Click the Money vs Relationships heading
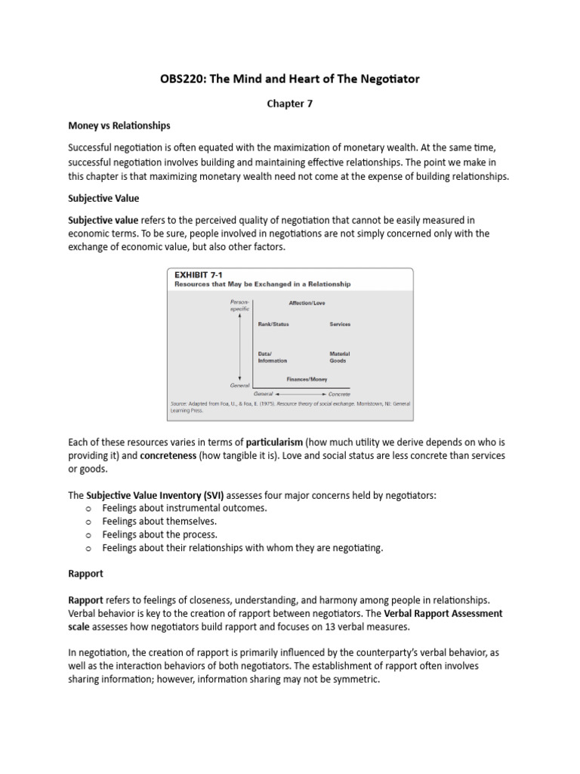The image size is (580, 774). [x=119, y=125]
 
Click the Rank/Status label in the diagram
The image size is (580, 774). [x=273, y=324]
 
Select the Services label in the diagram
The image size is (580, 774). [x=340, y=324]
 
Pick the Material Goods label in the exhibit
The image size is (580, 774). [x=339, y=357]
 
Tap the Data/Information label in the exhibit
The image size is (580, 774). [x=272, y=357]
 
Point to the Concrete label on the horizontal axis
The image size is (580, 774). [x=339, y=395]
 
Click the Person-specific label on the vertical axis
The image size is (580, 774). [x=239, y=305]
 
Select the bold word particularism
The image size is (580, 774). [x=273, y=442]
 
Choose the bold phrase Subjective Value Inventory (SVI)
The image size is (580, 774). [x=155, y=494]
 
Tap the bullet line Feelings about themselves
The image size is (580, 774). [x=159, y=522]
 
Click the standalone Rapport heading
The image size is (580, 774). [x=85, y=574]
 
